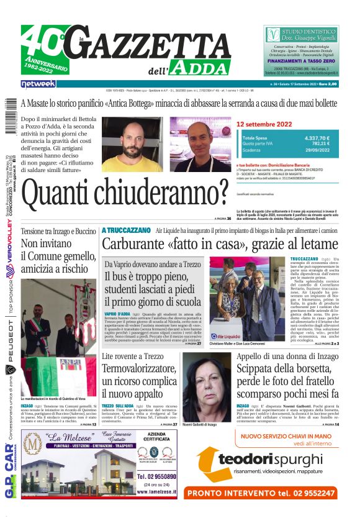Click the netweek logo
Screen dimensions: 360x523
38,83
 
